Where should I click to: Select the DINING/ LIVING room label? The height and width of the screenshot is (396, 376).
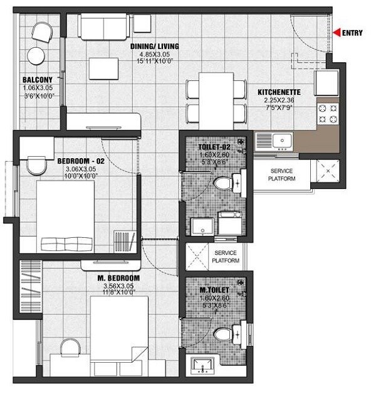tap(154, 46)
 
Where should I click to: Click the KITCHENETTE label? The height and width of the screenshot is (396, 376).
tap(279, 92)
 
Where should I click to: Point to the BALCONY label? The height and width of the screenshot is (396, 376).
tap(33, 80)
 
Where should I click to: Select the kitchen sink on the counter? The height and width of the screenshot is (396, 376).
tap(271, 140)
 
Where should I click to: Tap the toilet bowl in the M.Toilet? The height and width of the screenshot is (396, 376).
tap(224, 333)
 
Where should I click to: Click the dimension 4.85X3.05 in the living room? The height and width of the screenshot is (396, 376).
tap(154, 55)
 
